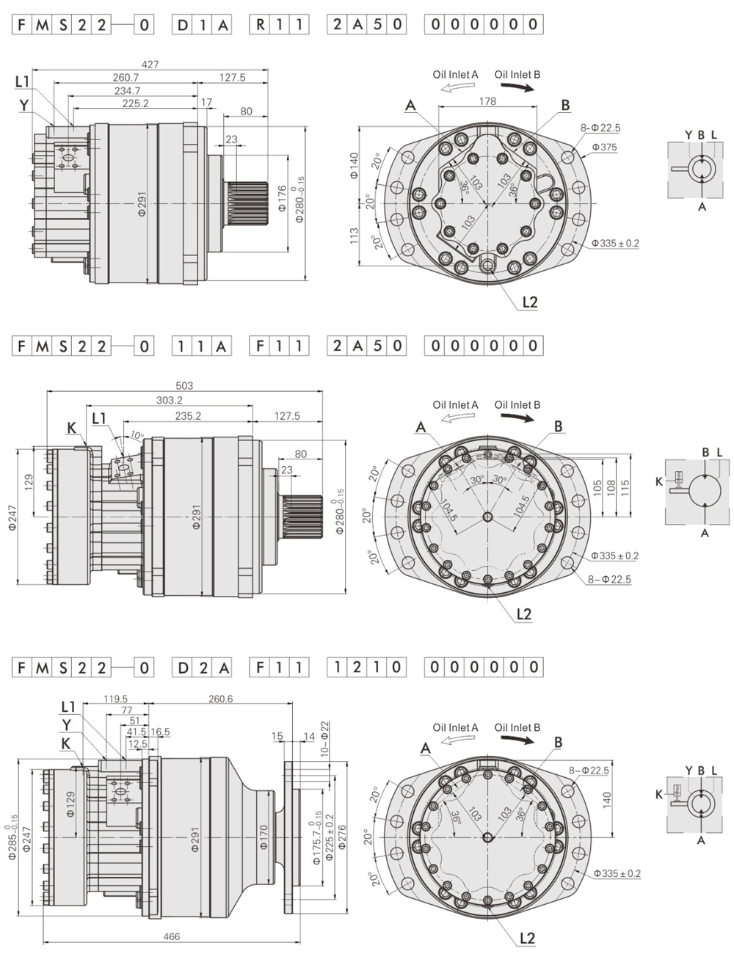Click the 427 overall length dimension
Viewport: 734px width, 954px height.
[x=150, y=65]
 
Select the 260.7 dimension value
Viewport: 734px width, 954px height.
[x=126, y=78]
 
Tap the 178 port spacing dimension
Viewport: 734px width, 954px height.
[x=487, y=101]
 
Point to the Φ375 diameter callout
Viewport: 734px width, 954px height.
[x=606, y=147]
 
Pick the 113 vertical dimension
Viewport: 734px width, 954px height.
[x=355, y=235]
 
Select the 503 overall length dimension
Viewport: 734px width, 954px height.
[x=185, y=385]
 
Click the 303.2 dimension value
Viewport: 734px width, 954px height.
[x=170, y=400]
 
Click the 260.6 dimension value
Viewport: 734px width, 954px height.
[x=220, y=699]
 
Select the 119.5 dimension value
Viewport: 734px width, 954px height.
[x=116, y=699]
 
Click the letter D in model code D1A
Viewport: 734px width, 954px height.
[x=182, y=25]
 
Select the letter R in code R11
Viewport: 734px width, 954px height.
[x=261, y=25]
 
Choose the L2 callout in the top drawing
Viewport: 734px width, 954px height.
[x=529, y=302]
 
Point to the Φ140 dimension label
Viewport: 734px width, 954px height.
[x=354, y=166]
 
